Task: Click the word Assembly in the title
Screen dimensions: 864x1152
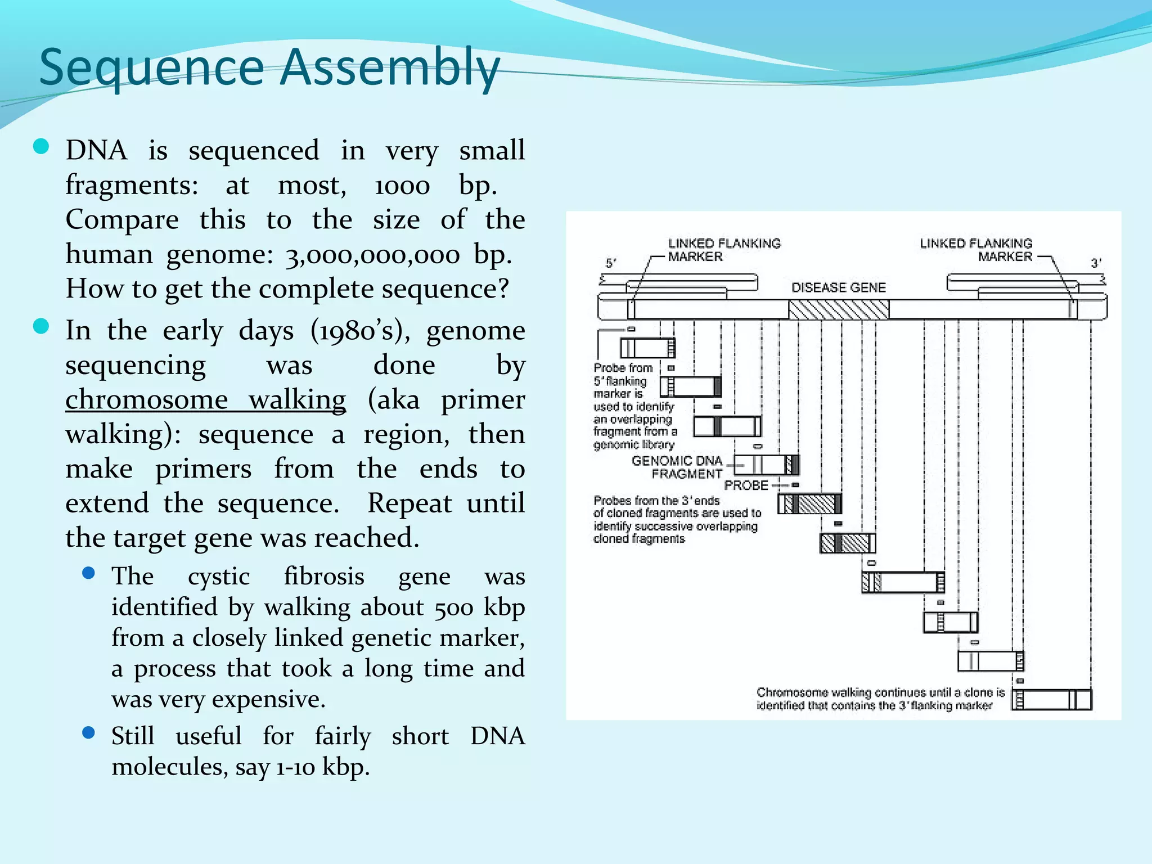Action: click(x=390, y=67)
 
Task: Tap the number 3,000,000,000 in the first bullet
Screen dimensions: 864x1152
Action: click(x=373, y=255)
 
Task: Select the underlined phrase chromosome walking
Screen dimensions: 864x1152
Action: click(x=205, y=400)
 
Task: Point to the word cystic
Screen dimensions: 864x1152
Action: click(x=219, y=576)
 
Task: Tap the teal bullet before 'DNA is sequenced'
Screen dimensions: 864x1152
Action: click(x=42, y=147)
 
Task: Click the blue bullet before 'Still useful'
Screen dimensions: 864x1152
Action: click(x=88, y=732)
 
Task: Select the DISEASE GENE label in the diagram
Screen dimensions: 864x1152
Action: click(x=838, y=287)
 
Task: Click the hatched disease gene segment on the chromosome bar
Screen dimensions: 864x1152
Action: click(x=838, y=309)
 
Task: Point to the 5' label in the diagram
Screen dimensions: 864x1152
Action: click(x=611, y=263)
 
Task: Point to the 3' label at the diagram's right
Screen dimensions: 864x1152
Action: click(x=1096, y=263)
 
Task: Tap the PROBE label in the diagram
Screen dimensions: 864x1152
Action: click(x=746, y=485)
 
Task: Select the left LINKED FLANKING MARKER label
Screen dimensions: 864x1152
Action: click(x=724, y=250)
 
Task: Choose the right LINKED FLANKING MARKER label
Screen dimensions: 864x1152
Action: click(x=976, y=250)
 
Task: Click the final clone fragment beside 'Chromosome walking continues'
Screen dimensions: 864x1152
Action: click(x=1051, y=700)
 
